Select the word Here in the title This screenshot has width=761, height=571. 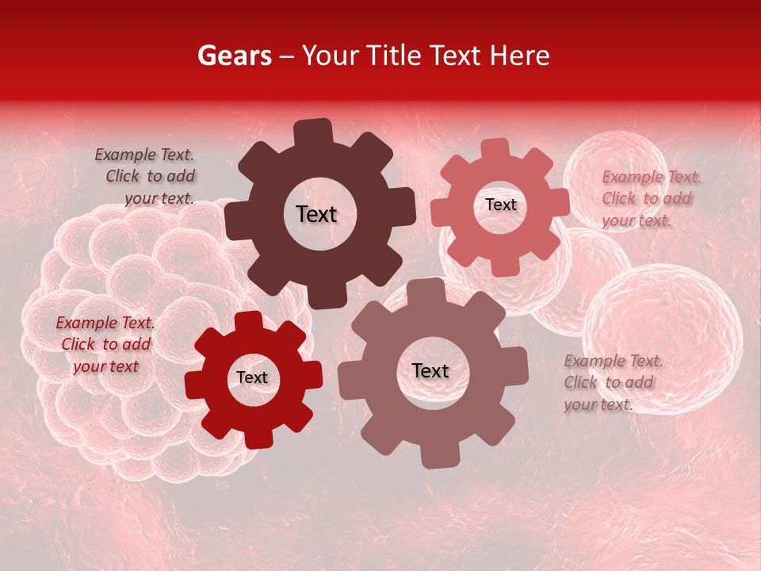[520, 56]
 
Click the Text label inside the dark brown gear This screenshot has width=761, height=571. [316, 214]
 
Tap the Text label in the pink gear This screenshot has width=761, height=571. [500, 205]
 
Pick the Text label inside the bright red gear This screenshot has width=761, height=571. [252, 378]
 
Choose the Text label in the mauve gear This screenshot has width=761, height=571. [430, 371]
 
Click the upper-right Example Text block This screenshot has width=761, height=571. [650, 199]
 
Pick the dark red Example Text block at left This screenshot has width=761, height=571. [105, 345]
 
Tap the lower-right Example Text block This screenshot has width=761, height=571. [612, 383]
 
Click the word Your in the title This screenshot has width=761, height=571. [331, 56]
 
